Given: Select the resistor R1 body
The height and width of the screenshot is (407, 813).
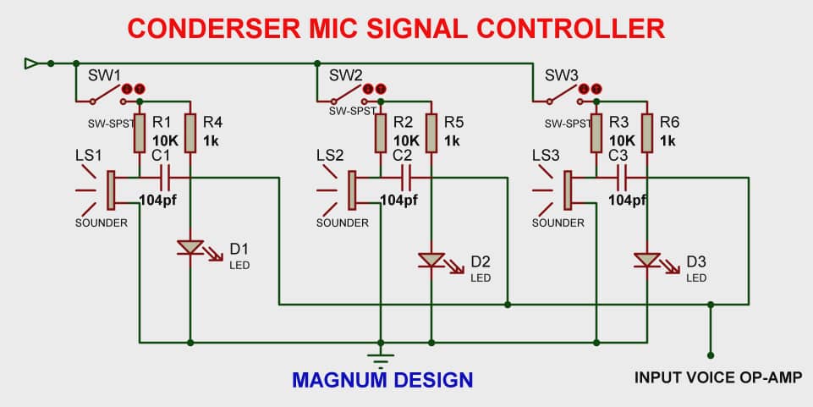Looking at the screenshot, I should pos(140,134).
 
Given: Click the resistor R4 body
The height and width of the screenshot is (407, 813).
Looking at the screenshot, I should pos(190,134).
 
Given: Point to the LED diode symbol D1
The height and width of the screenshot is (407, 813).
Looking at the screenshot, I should pos(190,248).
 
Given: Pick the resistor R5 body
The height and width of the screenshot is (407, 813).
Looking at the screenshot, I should pos(431,134).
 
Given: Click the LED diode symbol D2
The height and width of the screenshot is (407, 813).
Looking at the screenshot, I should pos(431,260).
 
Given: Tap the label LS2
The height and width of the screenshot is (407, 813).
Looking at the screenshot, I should pos(330,156).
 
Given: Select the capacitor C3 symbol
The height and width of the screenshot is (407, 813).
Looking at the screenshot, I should pos(623,178).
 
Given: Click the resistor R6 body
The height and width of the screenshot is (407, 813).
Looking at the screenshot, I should pos(648,134).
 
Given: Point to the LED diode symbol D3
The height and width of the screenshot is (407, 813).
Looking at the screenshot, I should pos(648,260).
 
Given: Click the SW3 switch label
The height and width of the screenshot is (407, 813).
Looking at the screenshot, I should pos(561,75).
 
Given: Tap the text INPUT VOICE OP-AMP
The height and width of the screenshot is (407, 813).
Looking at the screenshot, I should pos(711,377).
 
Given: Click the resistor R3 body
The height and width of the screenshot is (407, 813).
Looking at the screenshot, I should pos(596,134).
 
